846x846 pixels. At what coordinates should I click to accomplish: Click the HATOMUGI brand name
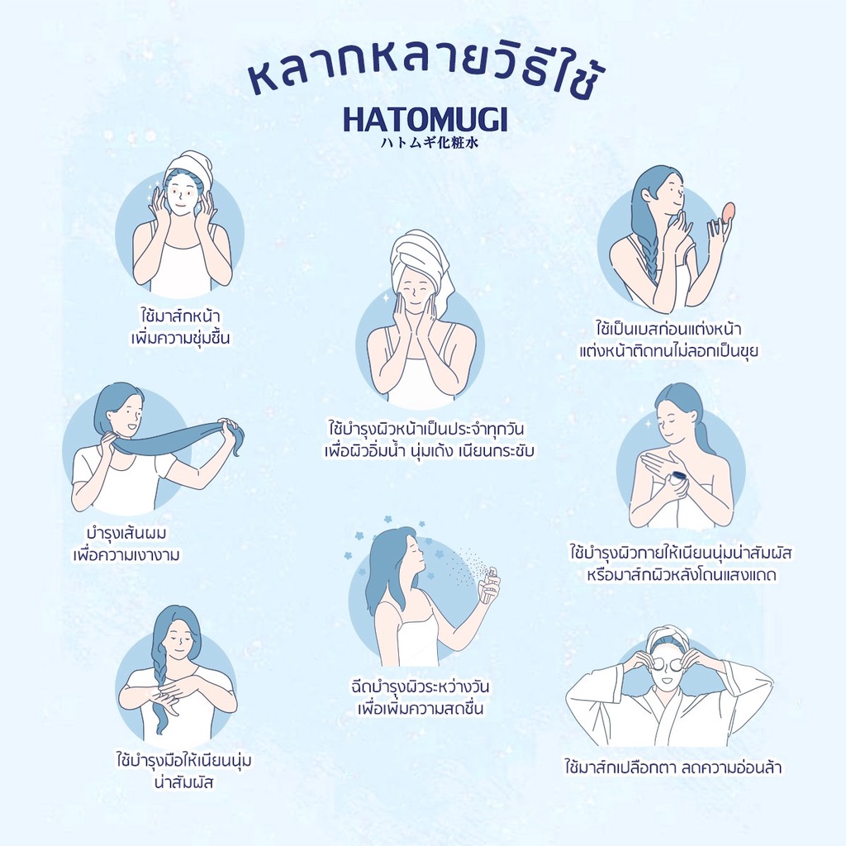click(x=425, y=119)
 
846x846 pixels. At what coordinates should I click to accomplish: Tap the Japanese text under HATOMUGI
click(x=429, y=142)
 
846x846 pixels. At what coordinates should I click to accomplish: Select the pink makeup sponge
click(x=728, y=211)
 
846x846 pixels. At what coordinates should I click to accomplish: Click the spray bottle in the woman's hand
click(x=489, y=584)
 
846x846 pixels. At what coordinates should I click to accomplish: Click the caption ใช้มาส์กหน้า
click(x=179, y=315)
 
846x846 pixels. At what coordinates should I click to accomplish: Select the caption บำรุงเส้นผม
click(x=126, y=533)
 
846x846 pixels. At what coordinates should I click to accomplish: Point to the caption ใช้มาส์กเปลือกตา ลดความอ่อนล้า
click(x=673, y=766)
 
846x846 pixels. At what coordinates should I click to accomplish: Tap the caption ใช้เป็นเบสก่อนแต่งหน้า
click(x=668, y=328)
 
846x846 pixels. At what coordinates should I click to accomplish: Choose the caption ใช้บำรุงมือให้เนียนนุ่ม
click(x=184, y=760)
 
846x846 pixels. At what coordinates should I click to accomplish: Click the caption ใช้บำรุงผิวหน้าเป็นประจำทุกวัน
click(x=426, y=429)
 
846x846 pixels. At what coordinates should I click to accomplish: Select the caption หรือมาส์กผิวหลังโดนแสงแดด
click(x=682, y=574)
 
